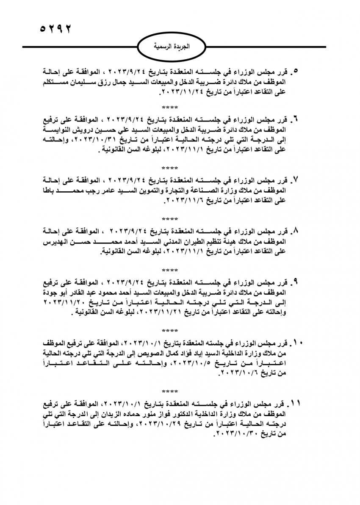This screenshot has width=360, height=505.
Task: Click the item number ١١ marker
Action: pyautogui.click(x=296, y=402)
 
